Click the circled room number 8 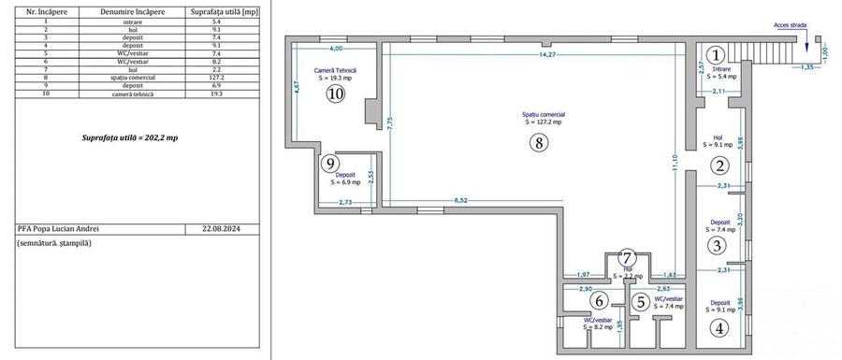[536, 143]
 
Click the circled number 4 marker [719, 327]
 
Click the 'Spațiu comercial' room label [543, 115]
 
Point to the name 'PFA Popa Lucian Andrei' [58, 227]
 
